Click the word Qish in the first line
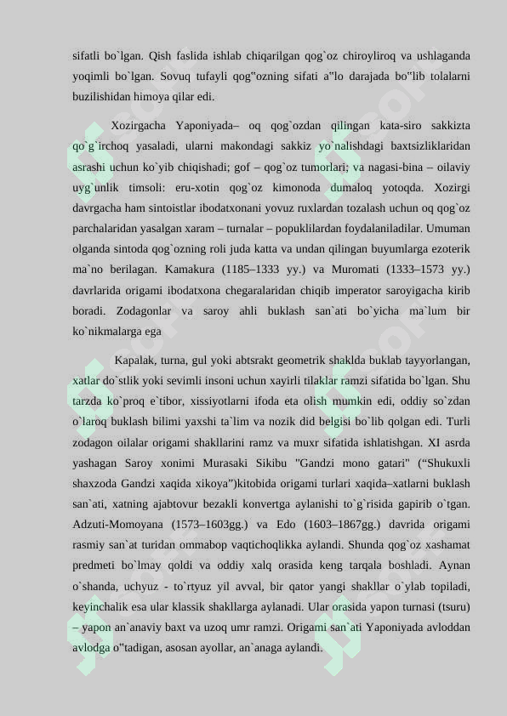[x=159, y=57]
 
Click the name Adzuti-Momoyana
[x=122, y=525]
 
